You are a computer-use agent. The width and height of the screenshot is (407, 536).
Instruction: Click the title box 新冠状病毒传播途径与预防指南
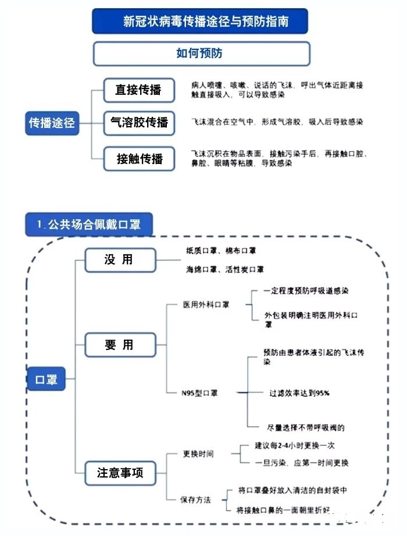tap(200, 21)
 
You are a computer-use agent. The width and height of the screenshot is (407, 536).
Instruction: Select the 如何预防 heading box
tap(201, 53)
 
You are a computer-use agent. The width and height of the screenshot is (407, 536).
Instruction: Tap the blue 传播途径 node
tap(52, 123)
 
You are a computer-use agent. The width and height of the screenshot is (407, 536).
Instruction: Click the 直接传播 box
tap(139, 90)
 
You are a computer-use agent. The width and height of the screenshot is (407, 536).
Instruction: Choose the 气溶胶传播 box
tap(139, 123)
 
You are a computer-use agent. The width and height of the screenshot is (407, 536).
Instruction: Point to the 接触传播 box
tap(139, 159)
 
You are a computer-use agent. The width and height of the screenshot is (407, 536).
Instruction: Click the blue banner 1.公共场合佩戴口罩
tap(89, 224)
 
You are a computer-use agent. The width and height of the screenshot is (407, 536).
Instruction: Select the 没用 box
tap(120, 260)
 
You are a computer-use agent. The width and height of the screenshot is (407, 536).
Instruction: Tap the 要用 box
tap(120, 345)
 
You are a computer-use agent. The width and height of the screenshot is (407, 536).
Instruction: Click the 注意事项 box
tap(120, 473)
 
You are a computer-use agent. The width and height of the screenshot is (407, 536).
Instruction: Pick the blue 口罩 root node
tap(46, 379)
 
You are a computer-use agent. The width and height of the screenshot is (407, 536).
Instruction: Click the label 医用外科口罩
tap(206, 305)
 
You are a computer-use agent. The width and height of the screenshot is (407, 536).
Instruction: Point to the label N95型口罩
tap(199, 393)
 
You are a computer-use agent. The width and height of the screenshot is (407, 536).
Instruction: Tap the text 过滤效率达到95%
tap(299, 393)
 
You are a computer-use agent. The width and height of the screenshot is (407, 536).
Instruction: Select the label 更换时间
tap(198, 454)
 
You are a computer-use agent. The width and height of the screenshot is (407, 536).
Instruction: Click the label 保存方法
tap(195, 500)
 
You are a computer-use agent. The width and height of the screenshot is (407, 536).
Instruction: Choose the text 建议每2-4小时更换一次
tap(294, 445)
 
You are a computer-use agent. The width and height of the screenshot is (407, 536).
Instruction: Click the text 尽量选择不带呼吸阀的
tap(306, 428)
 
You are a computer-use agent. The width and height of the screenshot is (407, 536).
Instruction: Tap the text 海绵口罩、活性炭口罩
tap(224, 270)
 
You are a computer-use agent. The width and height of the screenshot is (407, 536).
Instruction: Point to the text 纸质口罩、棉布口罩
tap(221, 251)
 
